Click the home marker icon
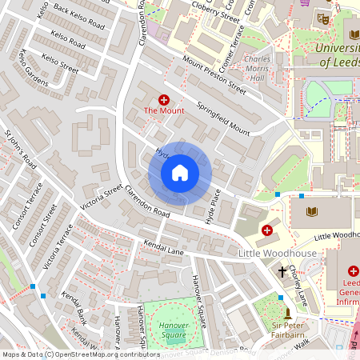pos(180,172)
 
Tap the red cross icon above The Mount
pos(164,99)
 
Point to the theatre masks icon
pos(323,18)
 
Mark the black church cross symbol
pos(282,272)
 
